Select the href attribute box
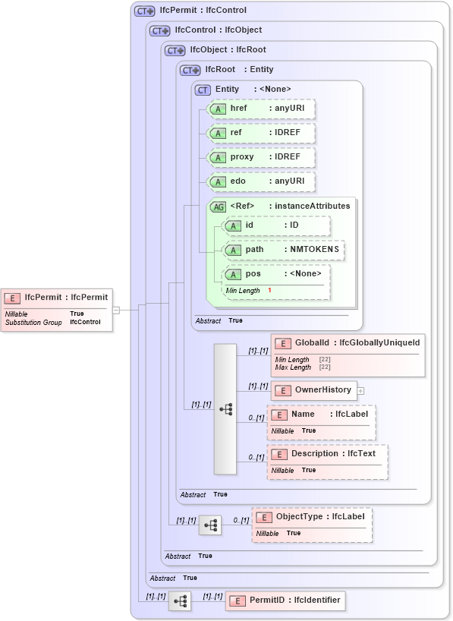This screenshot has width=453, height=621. click(x=261, y=109)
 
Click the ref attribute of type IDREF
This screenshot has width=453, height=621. click(x=261, y=133)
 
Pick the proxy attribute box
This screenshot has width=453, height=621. click(x=261, y=157)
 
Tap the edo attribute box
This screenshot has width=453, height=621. click(x=261, y=182)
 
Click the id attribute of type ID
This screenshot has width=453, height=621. click(x=276, y=225)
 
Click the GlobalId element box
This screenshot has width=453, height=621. click(x=348, y=355)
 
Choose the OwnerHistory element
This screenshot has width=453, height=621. click(x=313, y=390)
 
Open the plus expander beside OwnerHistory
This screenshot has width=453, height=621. click(x=361, y=391)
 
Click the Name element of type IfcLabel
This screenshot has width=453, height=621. click(x=322, y=421)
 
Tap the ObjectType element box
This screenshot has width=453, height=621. click(x=312, y=525)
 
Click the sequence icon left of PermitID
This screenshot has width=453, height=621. click(x=180, y=601)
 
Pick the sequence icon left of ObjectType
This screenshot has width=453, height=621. click(x=210, y=525)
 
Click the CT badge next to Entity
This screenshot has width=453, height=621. click(x=203, y=90)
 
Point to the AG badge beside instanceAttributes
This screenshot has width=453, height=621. click(x=218, y=206)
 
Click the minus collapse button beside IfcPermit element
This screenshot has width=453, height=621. click(x=116, y=310)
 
